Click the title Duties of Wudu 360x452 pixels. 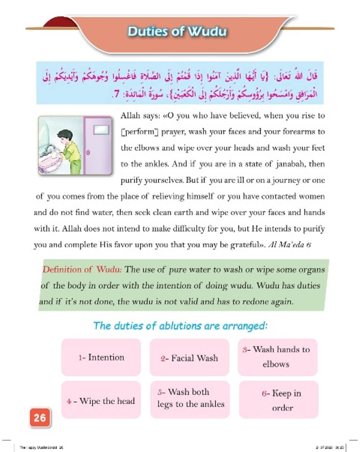(177, 32)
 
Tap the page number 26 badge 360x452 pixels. (40, 417)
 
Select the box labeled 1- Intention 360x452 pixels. (101, 357)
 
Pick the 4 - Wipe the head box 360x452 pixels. (101, 401)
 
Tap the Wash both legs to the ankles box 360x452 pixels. (189, 398)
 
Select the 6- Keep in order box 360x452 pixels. (278, 400)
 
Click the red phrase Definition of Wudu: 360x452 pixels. (82, 270)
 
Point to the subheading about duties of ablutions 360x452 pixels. (180, 326)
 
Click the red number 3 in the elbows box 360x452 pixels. (245, 349)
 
